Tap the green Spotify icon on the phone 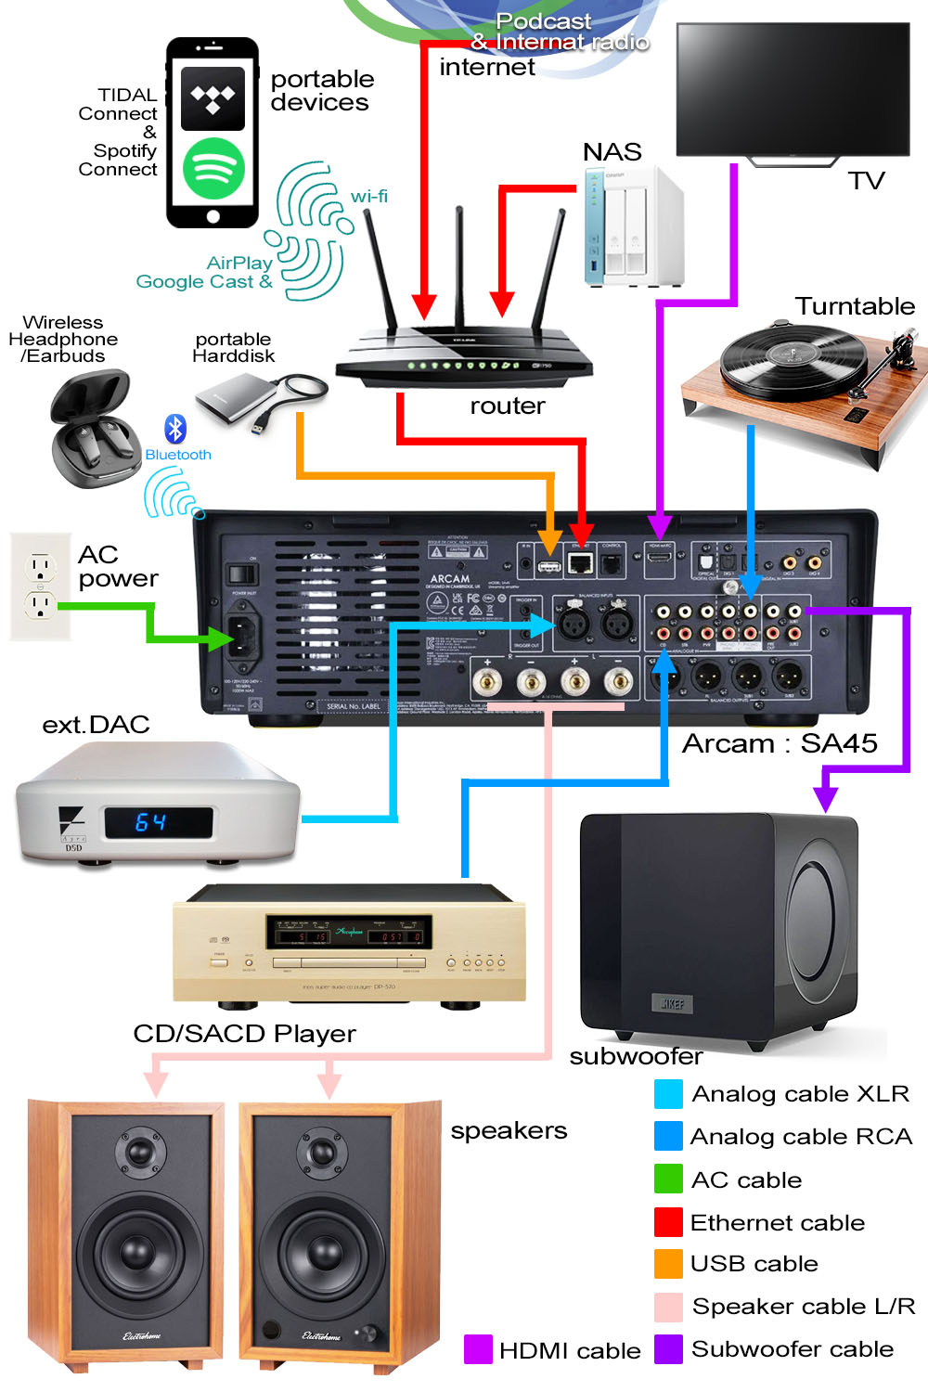click(213, 168)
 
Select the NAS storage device click(633, 228)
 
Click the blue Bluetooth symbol click(175, 429)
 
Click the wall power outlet click(40, 586)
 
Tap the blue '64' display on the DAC click(151, 822)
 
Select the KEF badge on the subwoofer click(673, 1003)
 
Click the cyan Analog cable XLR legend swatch click(668, 1094)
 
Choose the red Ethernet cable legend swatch click(668, 1222)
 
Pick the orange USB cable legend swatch click(668, 1264)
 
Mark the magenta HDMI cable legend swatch click(478, 1349)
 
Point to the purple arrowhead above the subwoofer click(825, 798)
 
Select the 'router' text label click(507, 406)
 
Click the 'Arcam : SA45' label click(780, 743)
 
